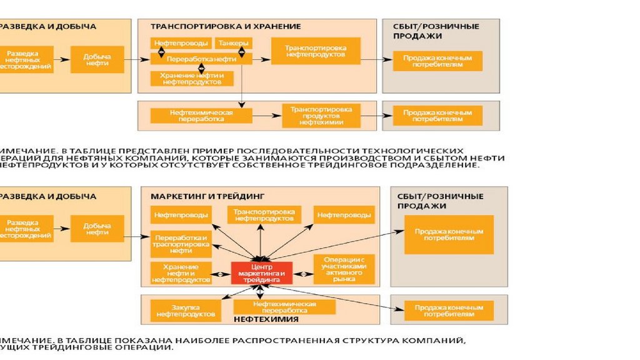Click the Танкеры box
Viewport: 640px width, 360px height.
point(234,43)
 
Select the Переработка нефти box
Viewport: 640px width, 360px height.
point(201,58)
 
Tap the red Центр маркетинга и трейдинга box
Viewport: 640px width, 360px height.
point(262,273)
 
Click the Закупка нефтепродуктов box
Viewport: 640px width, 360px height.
point(186,311)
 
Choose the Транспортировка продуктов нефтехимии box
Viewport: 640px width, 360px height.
point(321,116)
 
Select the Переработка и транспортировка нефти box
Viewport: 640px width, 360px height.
point(181,244)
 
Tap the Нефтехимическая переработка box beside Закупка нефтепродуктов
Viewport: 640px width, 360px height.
point(284,307)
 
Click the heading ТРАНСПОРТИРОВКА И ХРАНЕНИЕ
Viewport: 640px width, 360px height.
point(226,26)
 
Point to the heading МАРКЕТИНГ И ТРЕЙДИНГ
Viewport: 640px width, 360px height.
point(208,196)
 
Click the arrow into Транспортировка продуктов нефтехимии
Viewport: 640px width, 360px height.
point(266,116)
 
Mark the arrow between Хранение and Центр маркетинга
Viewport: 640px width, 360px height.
point(221,274)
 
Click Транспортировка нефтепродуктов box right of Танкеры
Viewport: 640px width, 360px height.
point(316,51)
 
